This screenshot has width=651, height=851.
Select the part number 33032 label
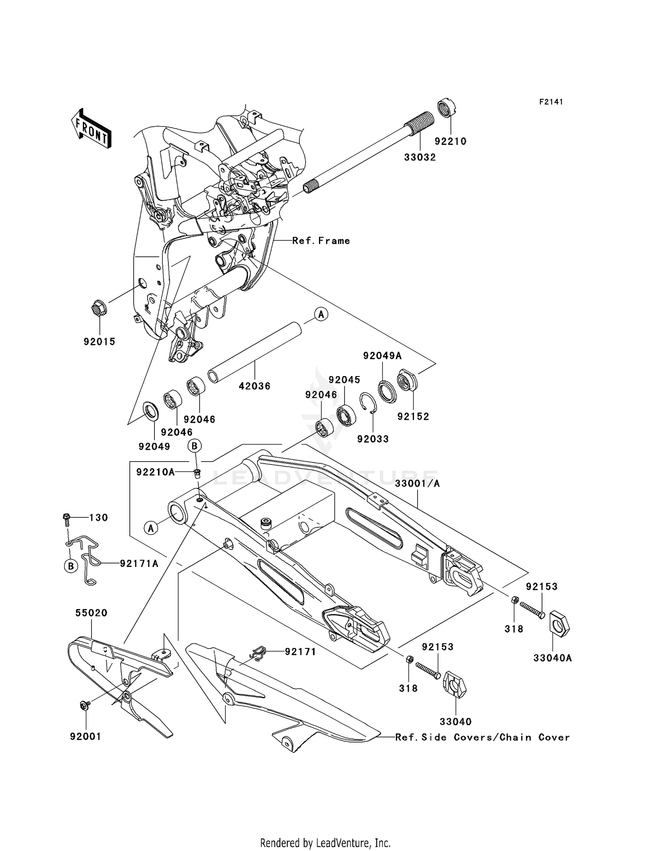[420, 157]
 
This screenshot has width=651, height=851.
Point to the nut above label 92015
[99, 308]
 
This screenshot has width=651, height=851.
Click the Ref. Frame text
[321, 241]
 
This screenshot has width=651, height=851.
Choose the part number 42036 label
[254, 386]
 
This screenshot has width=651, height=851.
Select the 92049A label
[382, 356]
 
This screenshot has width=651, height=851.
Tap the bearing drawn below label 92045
[346, 415]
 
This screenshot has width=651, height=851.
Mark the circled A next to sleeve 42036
[321, 314]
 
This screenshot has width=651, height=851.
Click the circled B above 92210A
[195, 445]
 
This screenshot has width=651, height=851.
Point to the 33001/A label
[417, 483]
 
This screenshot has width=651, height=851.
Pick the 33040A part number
[552, 658]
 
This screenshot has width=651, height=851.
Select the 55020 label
[91, 613]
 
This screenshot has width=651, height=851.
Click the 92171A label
[139, 563]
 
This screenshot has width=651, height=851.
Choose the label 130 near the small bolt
[99, 517]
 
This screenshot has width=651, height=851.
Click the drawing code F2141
[551, 102]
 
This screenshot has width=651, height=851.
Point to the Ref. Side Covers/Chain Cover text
[482, 737]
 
